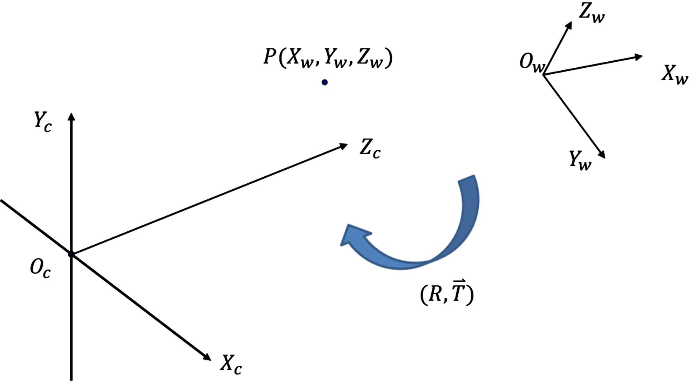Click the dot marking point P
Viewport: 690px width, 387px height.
[324, 82]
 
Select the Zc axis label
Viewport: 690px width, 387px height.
[370, 148]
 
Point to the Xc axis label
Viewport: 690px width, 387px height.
[231, 365]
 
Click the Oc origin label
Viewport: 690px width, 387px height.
[40, 269]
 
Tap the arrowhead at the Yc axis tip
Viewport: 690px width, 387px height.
[71, 117]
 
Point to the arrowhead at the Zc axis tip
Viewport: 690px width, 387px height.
[343, 146]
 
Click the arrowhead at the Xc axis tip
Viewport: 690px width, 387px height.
[206, 357]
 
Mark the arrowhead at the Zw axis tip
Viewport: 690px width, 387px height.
[569, 26]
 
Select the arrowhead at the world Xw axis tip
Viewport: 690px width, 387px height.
[638, 57]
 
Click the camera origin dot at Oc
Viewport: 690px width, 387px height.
[71, 254]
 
